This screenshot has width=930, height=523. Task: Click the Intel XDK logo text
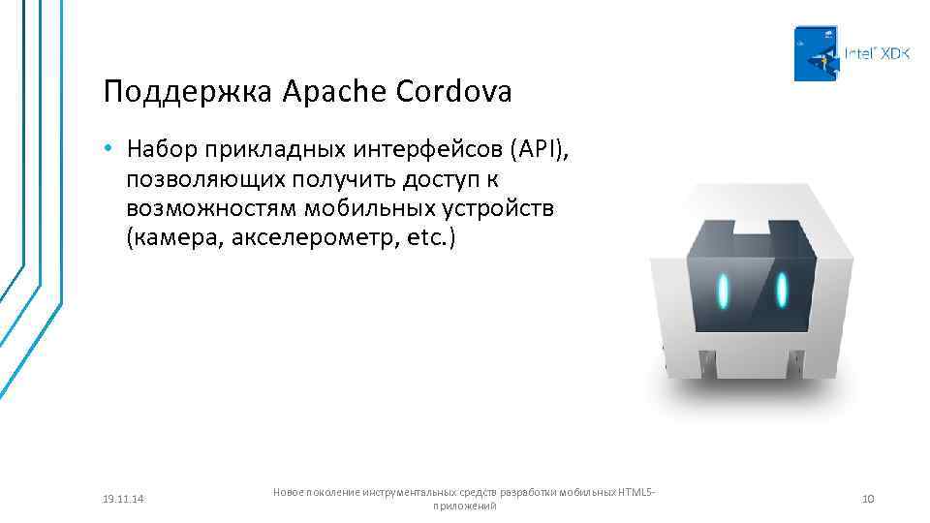point(877,54)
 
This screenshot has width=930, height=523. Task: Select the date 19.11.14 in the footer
point(122,499)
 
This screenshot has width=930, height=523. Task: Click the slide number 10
point(868,499)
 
